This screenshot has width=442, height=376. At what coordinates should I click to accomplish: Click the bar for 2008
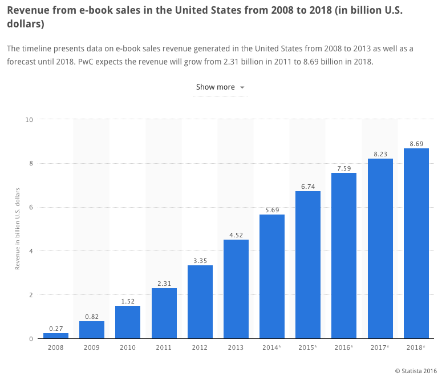coord(55,335)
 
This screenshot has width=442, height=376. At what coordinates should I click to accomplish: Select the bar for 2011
coord(164,313)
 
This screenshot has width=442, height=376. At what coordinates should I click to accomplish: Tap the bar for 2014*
coord(272,276)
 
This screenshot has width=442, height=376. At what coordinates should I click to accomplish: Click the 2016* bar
coord(344,256)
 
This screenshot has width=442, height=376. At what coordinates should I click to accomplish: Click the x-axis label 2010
coord(127,347)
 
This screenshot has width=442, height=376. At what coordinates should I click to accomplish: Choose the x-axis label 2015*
coord(308,347)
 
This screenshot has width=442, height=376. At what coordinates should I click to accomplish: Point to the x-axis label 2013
coord(236,347)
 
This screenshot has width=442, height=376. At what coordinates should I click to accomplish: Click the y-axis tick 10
coord(29,119)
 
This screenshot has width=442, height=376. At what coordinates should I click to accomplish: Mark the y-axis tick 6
coord(31,207)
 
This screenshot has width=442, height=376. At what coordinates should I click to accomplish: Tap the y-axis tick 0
coord(31,339)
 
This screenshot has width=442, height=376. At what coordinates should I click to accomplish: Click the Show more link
coord(215,87)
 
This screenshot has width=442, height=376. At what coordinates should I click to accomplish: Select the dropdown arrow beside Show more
coord(242,87)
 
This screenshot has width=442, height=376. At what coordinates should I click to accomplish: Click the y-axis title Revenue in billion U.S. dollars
coord(18,228)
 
